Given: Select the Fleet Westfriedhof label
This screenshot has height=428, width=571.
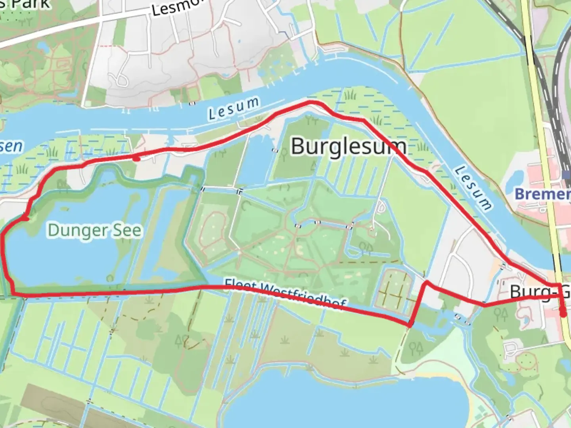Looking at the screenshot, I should (285, 294).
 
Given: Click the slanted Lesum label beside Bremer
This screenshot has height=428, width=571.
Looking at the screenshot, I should (473, 188).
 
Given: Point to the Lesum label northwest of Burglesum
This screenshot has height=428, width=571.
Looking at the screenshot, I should (234, 108).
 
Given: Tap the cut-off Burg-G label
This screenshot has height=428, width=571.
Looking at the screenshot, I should (539, 292).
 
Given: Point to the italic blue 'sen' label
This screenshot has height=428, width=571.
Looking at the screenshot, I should (11, 146).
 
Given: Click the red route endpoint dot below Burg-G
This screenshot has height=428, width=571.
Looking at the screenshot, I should (563, 315).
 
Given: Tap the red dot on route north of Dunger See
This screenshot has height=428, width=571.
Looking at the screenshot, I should (136, 159).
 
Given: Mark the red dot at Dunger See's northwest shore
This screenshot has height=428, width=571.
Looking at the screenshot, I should (25, 218).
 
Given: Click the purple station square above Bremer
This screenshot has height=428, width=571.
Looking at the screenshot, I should (566, 175).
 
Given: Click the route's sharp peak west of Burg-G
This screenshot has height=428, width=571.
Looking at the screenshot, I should (427, 282).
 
